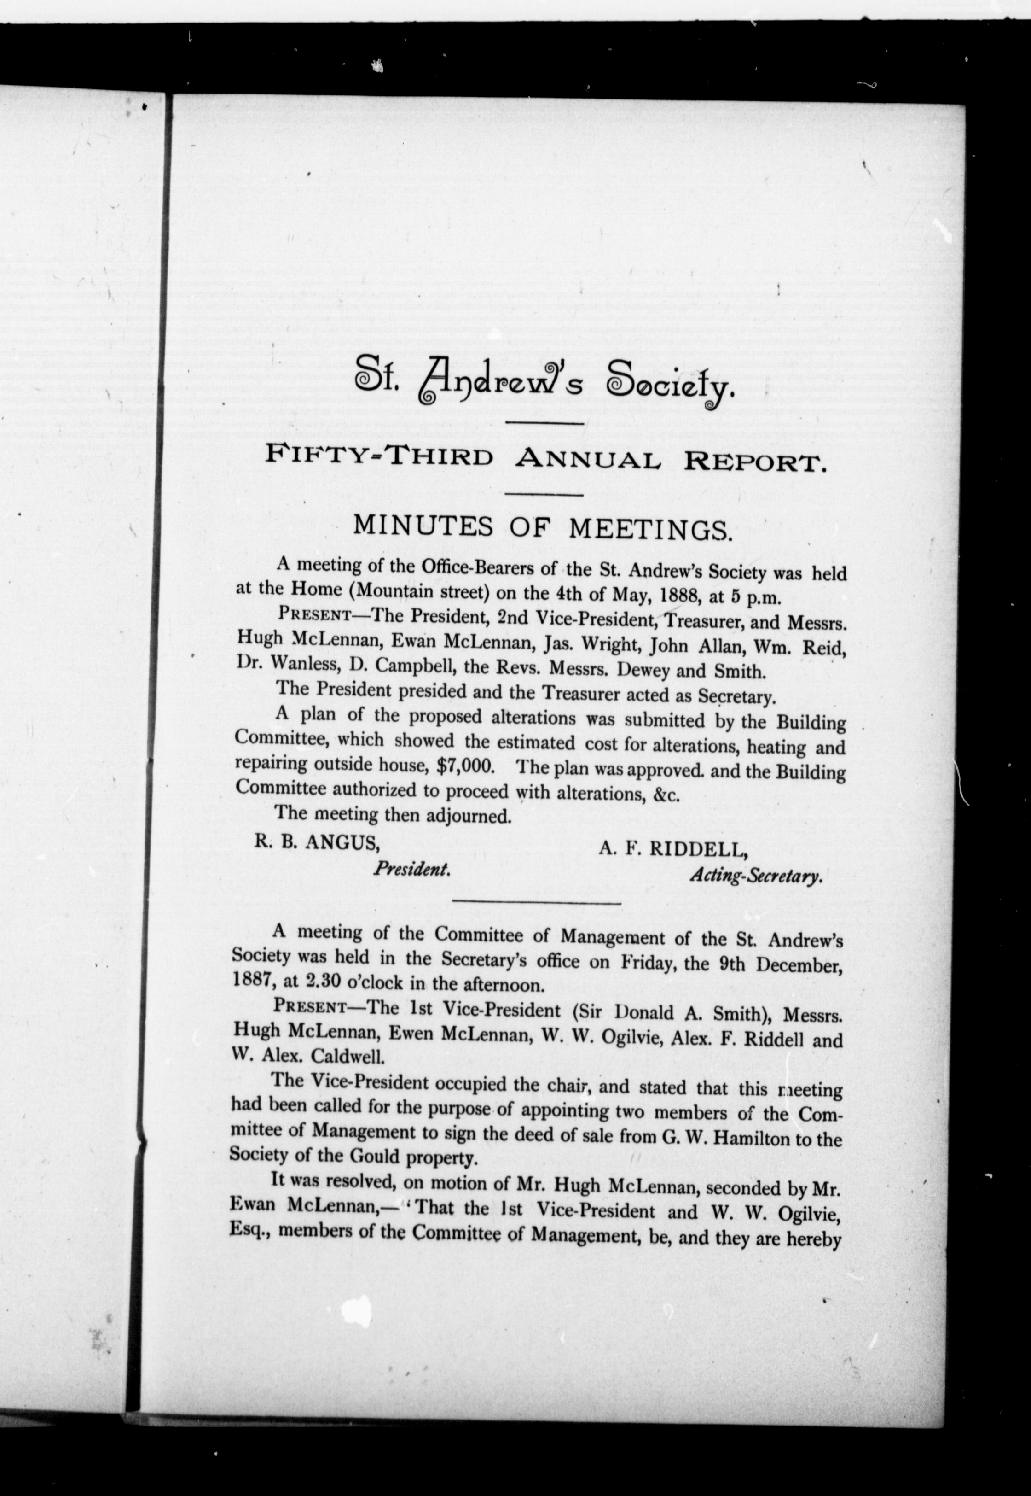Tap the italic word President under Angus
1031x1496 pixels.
point(411,870)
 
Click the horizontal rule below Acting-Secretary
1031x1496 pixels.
point(538,902)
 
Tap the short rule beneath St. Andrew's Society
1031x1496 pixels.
point(543,423)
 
